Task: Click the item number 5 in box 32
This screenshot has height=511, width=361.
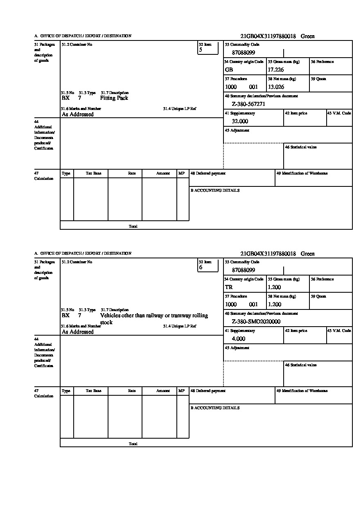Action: [x=201, y=50]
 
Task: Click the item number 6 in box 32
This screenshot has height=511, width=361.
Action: [x=201, y=267]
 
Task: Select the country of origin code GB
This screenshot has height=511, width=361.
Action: [x=229, y=69]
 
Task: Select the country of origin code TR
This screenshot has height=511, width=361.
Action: [x=229, y=287]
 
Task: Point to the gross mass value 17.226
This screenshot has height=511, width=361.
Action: [x=276, y=69]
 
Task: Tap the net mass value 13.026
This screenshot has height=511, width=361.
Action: [x=276, y=87]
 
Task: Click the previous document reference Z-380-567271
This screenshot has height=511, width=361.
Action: [x=248, y=104]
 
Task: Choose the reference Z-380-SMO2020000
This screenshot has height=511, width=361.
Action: [x=256, y=321]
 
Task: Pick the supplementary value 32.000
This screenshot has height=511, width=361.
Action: [x=240, y=121]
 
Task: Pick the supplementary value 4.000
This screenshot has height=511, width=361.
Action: [x=238, y=338]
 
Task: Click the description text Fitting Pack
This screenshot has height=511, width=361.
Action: [x=114, y=98]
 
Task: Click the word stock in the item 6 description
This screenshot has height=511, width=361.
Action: [x=106, y=322]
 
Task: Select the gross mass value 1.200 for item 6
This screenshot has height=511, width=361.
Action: [x=274, y=287]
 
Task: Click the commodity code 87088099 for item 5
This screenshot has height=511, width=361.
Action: [x=243, y=52]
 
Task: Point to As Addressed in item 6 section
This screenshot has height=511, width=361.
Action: [x=77, y=332]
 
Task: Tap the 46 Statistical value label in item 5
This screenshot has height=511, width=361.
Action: [x=300, y=147]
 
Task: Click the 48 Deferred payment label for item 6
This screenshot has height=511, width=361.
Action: [x=208, y=391]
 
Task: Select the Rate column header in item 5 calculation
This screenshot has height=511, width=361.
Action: [x=131, y=173]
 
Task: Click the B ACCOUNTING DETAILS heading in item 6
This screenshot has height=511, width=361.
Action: [x=215, y=408]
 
